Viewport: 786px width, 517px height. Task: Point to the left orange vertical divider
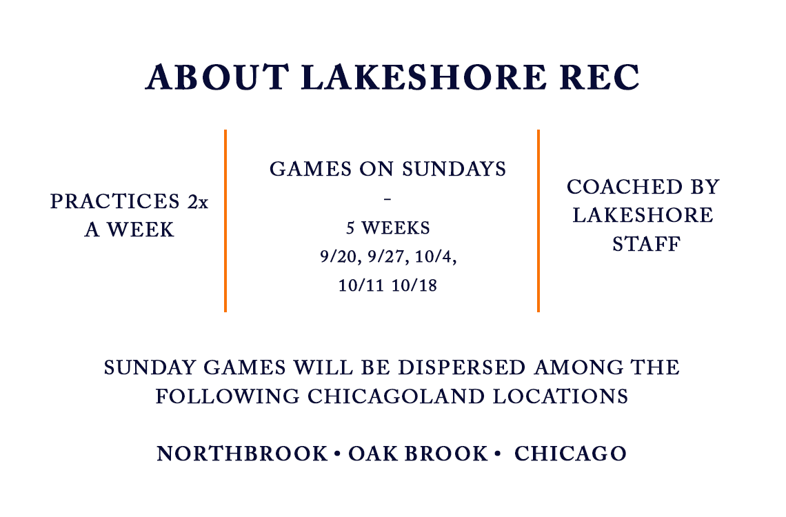point(225,221)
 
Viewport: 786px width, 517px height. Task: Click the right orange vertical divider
point(538,221)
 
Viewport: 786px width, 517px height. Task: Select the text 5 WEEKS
point(387,228)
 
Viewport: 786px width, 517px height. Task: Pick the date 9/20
point(335,256)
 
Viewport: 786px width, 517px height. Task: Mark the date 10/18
point(416,285)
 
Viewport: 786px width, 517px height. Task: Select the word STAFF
point(643,244)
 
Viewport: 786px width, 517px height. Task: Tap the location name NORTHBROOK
point(242,454)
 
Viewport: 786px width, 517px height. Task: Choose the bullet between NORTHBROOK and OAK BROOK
point(337,454)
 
